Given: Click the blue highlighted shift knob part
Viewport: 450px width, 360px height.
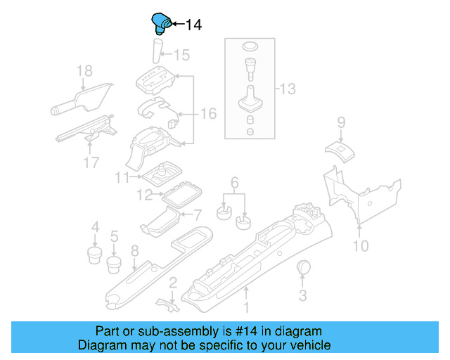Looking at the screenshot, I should tap(161, 23).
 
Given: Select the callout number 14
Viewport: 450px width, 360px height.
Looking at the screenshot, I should tap(193, 25).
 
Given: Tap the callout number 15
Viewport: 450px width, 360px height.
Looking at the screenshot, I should tap(181, 55).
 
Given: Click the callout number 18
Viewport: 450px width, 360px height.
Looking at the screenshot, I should tap(84, 70).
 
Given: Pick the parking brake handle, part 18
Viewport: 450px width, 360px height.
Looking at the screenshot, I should tap(80, 98).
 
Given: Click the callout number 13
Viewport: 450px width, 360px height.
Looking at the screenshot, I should tap(288, 89).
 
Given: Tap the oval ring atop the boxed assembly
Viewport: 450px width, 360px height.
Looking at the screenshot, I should tap(250, 46).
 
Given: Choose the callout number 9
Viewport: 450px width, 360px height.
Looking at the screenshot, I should tap(341, 122).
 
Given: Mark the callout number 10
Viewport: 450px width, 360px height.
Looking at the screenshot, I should tap(360, 246).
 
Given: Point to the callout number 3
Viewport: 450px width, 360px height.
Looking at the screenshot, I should tap(303, 295).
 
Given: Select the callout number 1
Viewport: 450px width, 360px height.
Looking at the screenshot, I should tap(246, 307).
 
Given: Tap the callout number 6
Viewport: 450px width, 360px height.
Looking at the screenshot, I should tap(235, 182).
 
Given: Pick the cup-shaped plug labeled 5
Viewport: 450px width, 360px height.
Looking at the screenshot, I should tap(115, 264).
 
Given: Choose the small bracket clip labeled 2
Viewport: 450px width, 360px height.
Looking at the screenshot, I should tap(165, 302).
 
